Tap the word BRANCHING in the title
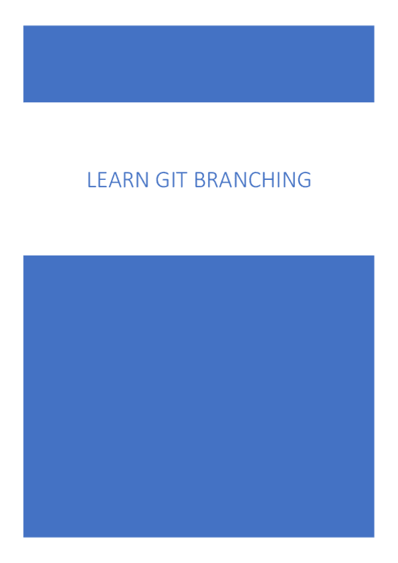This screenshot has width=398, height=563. pos(252,180)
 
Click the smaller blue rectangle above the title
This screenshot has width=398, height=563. pos(199,64)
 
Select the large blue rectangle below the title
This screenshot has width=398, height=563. pos(199,396)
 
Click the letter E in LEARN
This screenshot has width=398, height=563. pos(101,180)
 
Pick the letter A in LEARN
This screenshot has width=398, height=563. pos(110,180)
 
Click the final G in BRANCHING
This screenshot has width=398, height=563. pos(302,180)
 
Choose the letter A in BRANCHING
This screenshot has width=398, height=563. pos(221,180)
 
